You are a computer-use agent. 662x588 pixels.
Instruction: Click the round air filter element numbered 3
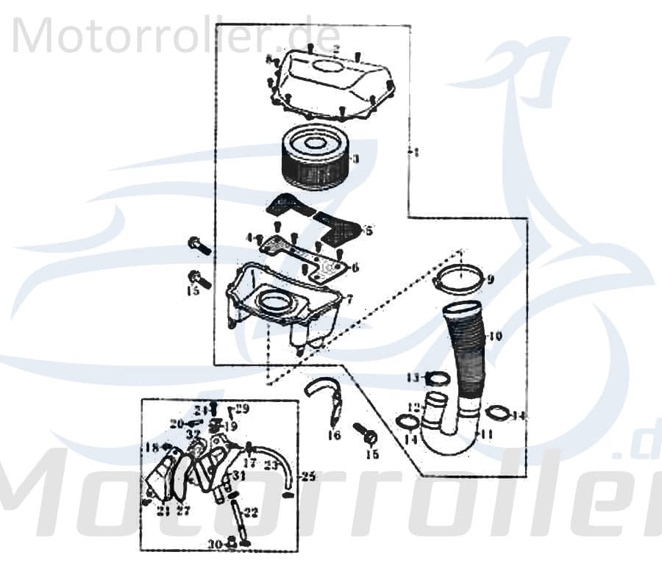click(x=316, y=157)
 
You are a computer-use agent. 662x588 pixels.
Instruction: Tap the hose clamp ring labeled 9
click(x=460, y=281)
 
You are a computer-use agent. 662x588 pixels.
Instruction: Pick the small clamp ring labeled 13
click(x=437, y=379)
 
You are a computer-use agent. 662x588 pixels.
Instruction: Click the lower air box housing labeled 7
click(x=283, y=305)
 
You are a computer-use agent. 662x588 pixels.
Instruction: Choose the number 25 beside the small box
click(x=308, y=477)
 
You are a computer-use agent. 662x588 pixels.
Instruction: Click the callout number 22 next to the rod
click(x=252, y=512)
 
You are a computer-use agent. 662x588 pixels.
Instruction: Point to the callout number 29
click(x=242, y=408)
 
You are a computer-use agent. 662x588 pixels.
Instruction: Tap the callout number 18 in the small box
click(x=152, y=447)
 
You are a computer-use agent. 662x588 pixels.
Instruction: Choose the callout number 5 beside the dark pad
click(x=369, y=231)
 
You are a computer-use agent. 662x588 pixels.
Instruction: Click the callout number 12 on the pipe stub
click(x=414, y=407)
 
